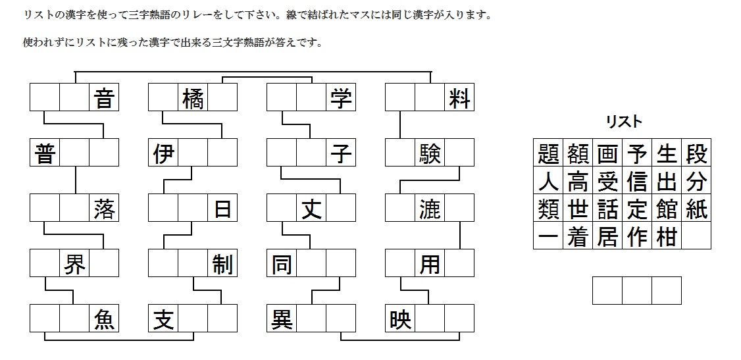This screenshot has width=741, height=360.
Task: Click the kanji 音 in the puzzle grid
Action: point(104,99)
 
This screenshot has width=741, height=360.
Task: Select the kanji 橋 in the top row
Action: point(193,99)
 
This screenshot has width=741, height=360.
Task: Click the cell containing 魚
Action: point(104,319)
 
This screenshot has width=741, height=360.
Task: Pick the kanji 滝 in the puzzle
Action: point(429,209)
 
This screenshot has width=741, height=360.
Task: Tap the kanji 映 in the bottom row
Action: point(400,319)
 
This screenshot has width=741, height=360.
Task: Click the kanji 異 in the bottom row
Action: point(282,319)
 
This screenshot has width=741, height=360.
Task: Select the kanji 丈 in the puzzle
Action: point(311,209)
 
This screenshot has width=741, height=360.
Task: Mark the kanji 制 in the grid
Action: point(222,264)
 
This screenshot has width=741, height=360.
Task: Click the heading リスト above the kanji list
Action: point(623,121)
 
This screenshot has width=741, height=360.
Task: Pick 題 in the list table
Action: point(548,153)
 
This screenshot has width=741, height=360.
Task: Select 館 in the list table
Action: point(667,209)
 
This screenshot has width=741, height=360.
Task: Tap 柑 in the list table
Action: point(667,236)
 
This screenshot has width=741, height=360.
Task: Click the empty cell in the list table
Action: point(696,236)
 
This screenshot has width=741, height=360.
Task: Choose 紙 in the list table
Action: point(696,209)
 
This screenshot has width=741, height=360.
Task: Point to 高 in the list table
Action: point(578,181)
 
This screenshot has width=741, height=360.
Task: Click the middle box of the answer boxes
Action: point(636,291)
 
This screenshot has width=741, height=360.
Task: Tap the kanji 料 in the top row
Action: point(459,99)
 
